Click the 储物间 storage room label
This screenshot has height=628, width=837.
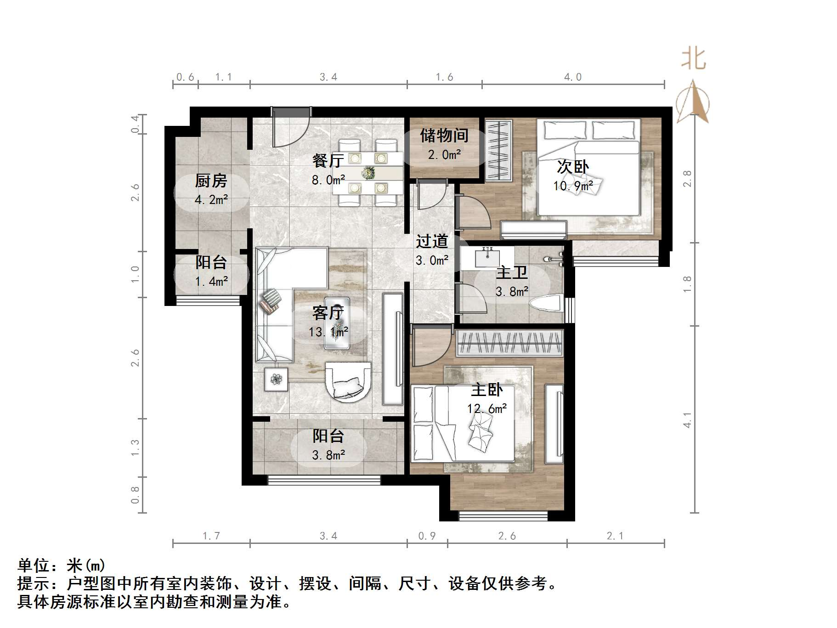click(x=444, y=136)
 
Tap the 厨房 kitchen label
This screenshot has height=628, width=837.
click(x=211, y=181)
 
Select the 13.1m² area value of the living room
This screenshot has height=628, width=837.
click(x=328, y=332)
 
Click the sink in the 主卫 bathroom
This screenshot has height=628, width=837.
click(x=487, y=258)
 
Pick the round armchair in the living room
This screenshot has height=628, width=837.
click(x=348, y=382)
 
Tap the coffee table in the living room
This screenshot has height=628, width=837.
click(x=337, y=323)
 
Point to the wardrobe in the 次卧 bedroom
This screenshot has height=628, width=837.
click(x=498, y=151)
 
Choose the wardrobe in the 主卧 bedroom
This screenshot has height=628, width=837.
click(x=509, y=343)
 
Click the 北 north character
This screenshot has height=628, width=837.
click(x=693, y=59)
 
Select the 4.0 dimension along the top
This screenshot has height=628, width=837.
click(x=573, y=77)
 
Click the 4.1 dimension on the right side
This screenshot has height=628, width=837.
click(x=687, y=420)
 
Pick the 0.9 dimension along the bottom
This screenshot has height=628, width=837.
click(x=427, y=536)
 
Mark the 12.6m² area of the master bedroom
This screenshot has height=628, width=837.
click(x=487, y=408)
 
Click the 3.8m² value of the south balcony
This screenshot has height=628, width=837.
click(x=328, y=455)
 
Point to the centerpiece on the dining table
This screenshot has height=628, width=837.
click(x=368, y=173)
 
